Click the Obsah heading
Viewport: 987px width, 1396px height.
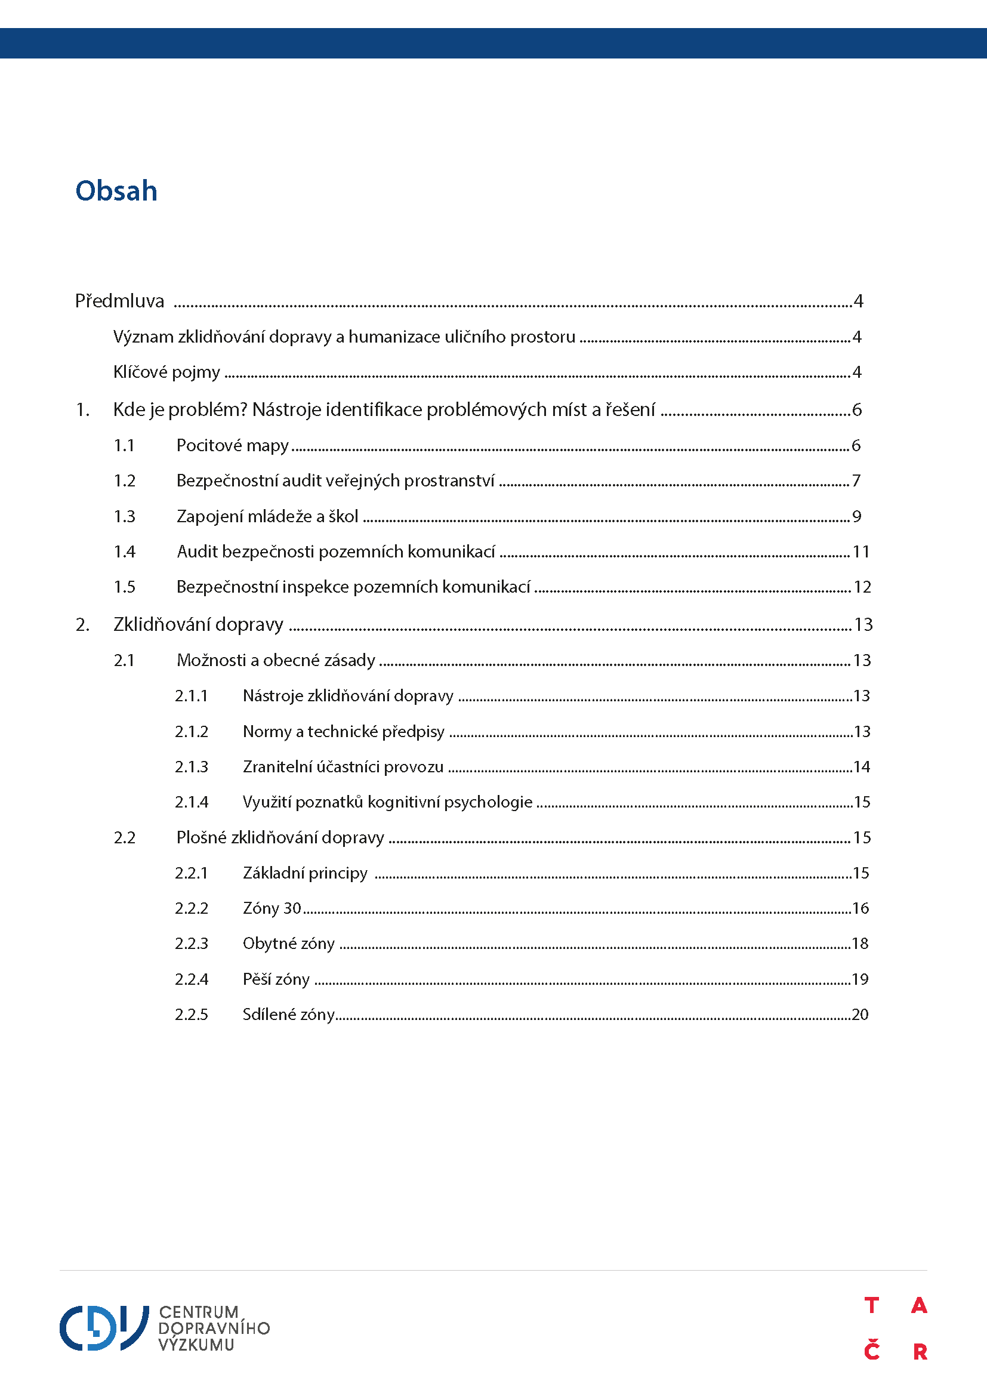click(116, 191)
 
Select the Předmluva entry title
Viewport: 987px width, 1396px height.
click(119, 301)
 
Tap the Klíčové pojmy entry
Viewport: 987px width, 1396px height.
click(166, 372)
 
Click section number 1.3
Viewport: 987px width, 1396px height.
click(124, 516)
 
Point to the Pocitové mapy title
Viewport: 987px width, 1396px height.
click(232, 446)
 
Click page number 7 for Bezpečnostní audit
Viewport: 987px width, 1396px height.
click(856, 481)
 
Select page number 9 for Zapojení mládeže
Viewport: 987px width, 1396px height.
click(856, 516)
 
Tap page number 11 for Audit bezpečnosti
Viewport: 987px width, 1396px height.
click(860, 551)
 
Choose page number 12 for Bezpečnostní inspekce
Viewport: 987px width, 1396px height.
click(862, 587)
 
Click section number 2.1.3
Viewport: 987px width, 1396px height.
click(192, 767)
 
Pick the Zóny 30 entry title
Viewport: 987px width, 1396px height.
click(272, 908)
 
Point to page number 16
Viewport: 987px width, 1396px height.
click(860, 908)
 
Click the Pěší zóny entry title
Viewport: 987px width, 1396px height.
click(276, 979)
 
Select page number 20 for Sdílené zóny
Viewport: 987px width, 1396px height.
click(860, 1014)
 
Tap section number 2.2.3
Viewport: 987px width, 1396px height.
click(192, 944)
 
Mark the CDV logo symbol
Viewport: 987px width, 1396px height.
click(104, 1328)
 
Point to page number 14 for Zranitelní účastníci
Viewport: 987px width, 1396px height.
click(861, 767)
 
